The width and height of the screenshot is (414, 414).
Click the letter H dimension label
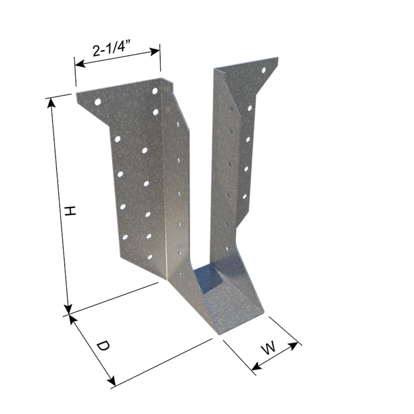point(70,211)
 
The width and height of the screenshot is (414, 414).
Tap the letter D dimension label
point(102,346)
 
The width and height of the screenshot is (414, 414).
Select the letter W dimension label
point(269,348)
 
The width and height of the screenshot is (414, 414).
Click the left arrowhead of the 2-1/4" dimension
point(79,64)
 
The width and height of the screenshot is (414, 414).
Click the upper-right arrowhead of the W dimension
point(294,346)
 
